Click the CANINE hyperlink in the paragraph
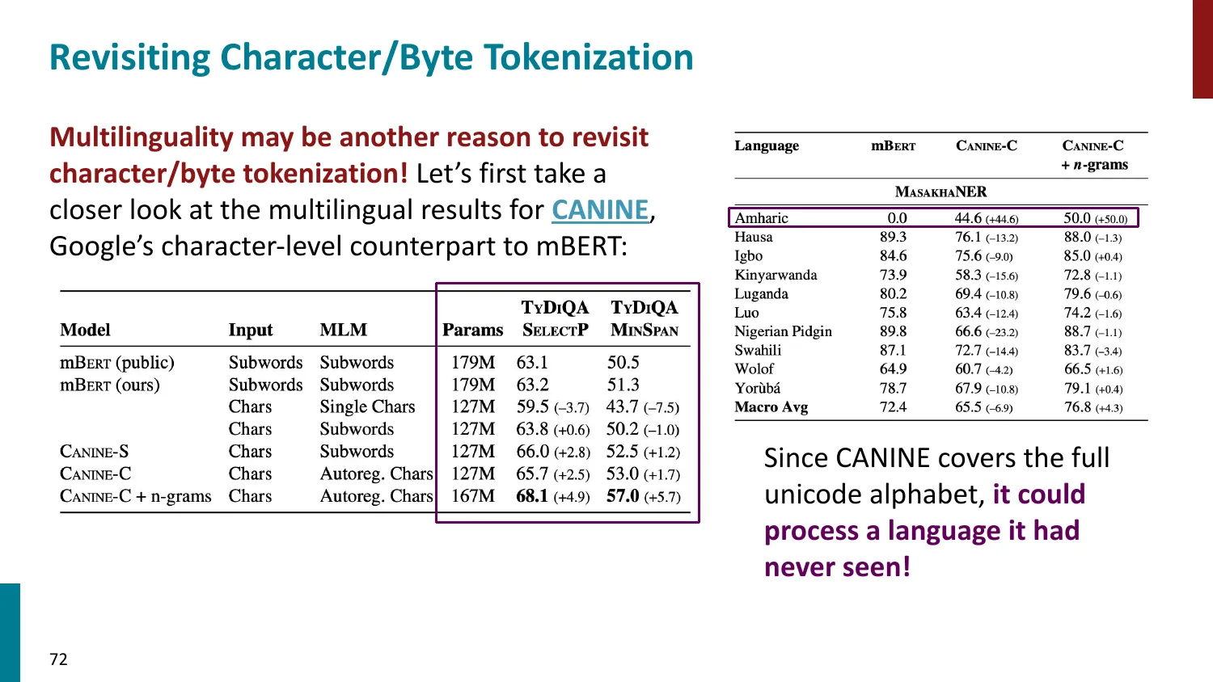coord(600,210)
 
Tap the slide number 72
coord(58,659)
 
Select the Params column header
coord(472,330)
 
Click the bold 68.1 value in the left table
coord(532,496)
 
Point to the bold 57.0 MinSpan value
coord(623,496)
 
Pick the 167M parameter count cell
coord(472,496)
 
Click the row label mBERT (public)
coord(117,363)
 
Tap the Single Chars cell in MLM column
coord(367,407)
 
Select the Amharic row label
coord(761,218)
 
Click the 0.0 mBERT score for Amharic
coord(897,218)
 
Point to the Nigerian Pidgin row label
coord(783,331)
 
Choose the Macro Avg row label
coord(771,407)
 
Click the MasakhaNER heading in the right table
coord(940,192)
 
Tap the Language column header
coord(767,146)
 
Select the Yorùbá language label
coord(758,389)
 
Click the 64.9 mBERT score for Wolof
coord(893,369)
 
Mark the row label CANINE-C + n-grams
coord(136,496)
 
